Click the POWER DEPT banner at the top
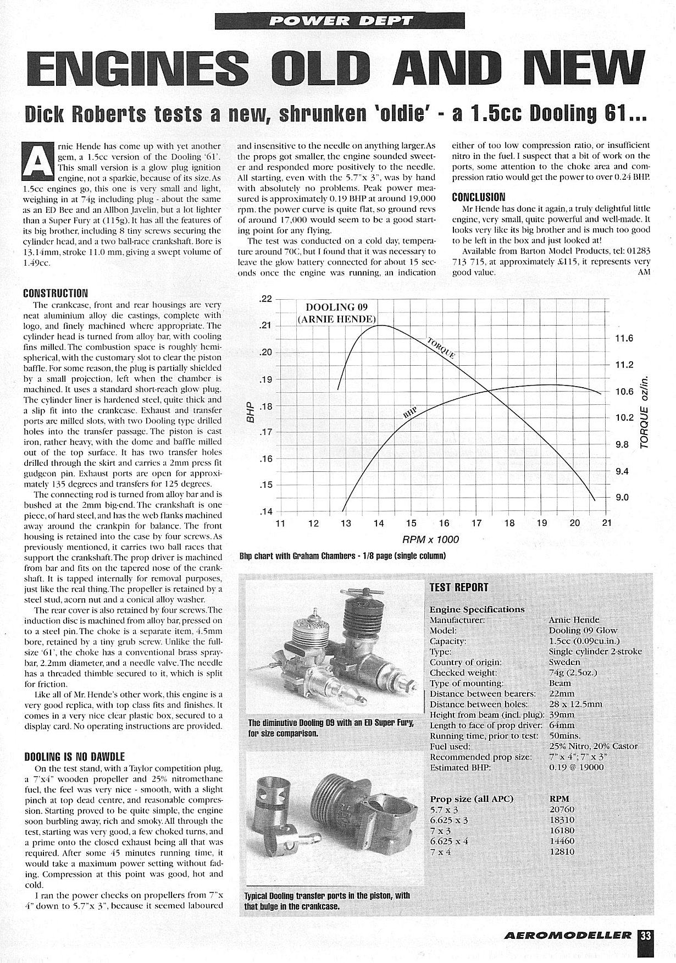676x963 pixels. pos(338,20)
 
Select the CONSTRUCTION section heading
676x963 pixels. pos(56,293)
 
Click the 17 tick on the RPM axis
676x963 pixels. pos(476,523)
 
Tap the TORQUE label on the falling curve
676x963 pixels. pos(441,348)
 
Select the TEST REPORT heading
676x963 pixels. pos(458,587)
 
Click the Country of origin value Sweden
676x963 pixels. pos(564,662)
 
